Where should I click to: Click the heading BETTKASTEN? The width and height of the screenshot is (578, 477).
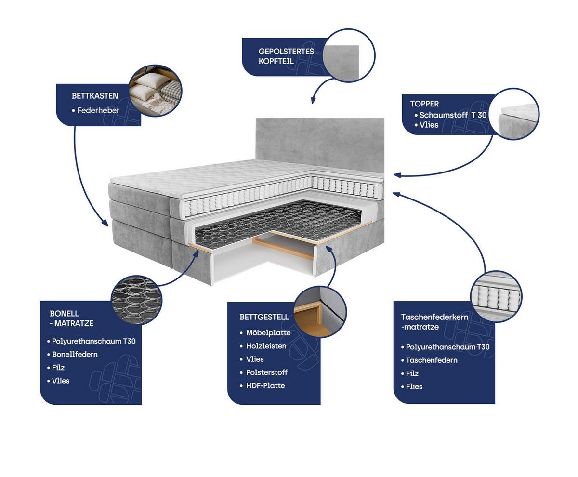click(95, 96)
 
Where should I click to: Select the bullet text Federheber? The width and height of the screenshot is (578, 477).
click(98, 110)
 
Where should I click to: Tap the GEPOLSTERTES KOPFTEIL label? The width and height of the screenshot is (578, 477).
click(286, 56)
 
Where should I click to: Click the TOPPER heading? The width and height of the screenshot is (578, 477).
click(424, 104)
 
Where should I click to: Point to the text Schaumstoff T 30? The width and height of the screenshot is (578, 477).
click(453, 115)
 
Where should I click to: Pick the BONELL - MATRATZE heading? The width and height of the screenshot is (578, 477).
click(71, 318)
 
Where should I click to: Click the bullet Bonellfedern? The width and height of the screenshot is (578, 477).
click(75, 354)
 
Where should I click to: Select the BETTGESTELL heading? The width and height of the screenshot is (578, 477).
click(264, 317)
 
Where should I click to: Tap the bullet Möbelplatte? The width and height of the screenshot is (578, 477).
click(268, 332)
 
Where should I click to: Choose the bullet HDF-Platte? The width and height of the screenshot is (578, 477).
click(265, 385)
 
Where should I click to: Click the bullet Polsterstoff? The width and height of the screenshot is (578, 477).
click(267, 372)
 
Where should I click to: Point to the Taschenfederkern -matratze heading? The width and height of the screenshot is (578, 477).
click(434, 322)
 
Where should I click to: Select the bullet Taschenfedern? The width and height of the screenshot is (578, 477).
click(432, 360)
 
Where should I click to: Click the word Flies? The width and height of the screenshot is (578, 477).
click(414, 386)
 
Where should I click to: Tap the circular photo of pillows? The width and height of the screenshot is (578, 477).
click(156, 91)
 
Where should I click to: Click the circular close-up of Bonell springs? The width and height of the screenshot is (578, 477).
click(136, 300)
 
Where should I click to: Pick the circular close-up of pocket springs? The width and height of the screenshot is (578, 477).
click(496, 296)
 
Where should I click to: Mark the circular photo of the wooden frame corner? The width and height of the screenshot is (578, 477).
click(320, 312)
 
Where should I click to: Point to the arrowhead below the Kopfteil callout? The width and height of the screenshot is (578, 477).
click(313, 101)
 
